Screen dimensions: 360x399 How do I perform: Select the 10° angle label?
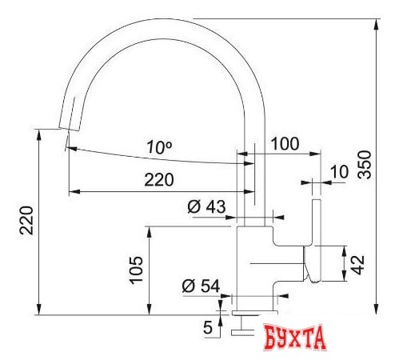[160, 146]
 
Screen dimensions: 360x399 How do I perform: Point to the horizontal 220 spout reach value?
[158, 180]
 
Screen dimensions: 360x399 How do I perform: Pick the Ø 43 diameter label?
[206, 207]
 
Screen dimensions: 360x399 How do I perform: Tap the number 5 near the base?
[208, 326]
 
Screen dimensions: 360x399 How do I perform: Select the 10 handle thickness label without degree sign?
[338, 170]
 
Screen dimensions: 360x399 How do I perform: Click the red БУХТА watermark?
[295, 336]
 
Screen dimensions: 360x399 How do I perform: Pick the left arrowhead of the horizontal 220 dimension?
[71, 191]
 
